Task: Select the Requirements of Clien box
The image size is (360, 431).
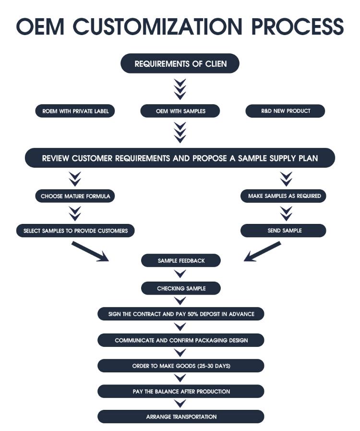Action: [180, 63]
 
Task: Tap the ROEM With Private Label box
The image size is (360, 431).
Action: [75, 111]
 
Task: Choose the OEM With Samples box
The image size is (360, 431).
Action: [180, 111]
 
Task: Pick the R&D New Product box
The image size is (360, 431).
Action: [285, 111]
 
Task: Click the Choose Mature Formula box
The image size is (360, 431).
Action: [75, 196]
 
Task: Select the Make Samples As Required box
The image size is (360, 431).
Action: [285, 196]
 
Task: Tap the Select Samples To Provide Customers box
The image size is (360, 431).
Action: [75, 231]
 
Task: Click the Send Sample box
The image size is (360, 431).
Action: [283, 231]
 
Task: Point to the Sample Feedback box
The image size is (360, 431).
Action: [180, 260]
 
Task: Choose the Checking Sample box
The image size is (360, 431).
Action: [180, 288]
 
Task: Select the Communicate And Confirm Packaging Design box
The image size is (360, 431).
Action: [180, 340]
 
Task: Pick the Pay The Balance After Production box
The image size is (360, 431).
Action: [180, 392]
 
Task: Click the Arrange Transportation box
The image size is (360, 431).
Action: [180, 417]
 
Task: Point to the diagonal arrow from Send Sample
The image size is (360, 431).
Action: [262, 252]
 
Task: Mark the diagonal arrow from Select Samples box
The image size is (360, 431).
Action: [90, 251]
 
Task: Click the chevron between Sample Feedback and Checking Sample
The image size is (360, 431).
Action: [180, 274]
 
